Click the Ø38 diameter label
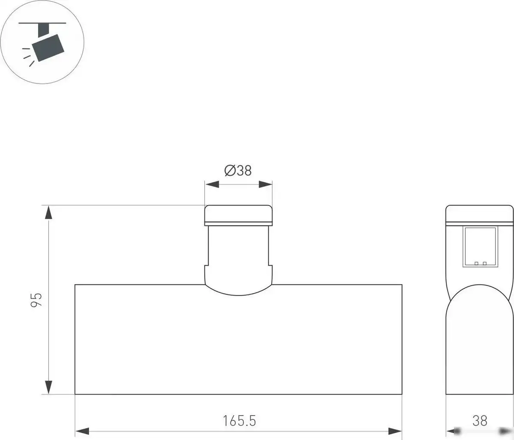(x=238, y=170)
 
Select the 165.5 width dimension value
(x=239, y=421)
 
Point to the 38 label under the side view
(x=480, y=421)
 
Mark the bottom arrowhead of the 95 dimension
(x=49, y=387)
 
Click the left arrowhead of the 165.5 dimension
(x=82, y=430)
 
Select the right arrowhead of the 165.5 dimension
(x=395, y=430)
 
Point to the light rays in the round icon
(x=28, y=57)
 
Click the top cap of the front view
(x=238, y=214)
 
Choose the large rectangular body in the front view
(x=238, y=342)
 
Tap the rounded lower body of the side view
(x=480, y=342)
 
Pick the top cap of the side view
(x=480, y=214)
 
